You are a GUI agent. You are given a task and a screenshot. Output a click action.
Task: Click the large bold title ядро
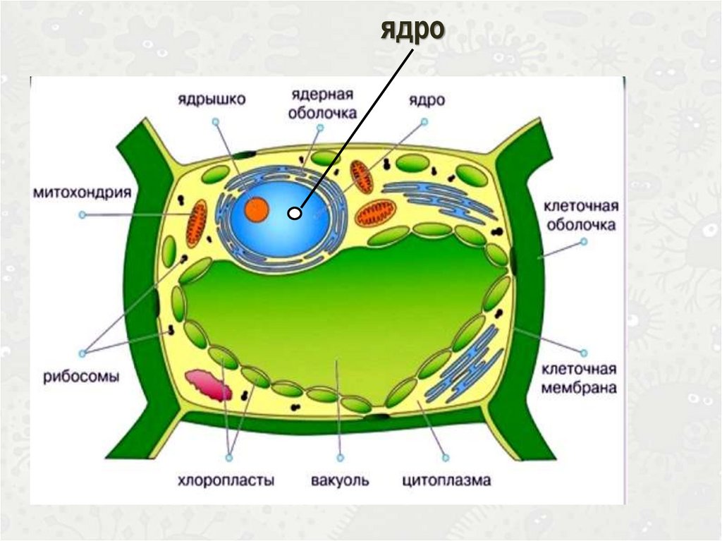coord(412,31)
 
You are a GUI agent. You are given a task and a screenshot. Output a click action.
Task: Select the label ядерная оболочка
coord(323,104)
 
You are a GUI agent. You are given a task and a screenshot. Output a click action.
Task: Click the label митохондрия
coord(82,193)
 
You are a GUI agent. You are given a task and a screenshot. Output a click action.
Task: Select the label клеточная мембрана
coord(579,378)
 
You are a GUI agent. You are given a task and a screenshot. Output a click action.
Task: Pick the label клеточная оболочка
coord(580,216)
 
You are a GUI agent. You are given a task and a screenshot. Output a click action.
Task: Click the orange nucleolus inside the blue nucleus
coord(256,209)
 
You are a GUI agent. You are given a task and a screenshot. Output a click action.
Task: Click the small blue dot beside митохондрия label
coord(82,214)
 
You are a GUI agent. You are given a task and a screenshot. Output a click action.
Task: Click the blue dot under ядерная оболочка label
coord(319,129)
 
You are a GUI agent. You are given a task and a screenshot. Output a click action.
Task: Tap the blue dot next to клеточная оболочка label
coord(582,241)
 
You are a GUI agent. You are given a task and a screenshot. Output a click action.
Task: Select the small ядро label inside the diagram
coord(426,100)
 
